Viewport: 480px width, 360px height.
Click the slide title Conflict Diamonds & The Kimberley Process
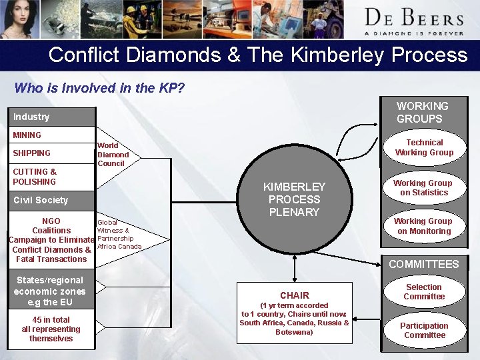click(x=258, y=55)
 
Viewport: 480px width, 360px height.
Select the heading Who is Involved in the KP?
click(x=99, y=88)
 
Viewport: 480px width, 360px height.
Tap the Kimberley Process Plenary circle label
click(x=294, y=199)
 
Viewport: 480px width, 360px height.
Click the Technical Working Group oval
click(x=424, y=147)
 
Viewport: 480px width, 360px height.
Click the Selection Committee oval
click(x=424, y=291)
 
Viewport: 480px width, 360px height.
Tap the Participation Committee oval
click(x=424, y=330)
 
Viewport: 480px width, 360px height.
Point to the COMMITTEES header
click(x=423, y=264)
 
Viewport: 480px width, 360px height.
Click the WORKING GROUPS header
click(x=423, y=112)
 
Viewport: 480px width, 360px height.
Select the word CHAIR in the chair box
click(x=294, y=295)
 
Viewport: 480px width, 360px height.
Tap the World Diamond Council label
click(x=112, y=154)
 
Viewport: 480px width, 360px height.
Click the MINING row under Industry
click(x=27, y=135)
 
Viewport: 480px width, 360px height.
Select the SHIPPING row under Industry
click(x=32, y=153)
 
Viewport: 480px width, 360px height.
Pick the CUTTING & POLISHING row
click(x=35, y=177)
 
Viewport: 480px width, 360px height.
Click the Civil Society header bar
click(x=41, y=200)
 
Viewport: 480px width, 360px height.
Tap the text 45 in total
click(x=51, y=320)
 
